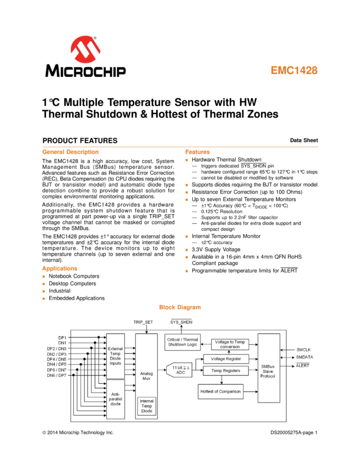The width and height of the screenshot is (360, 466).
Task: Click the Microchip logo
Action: pyautogui.click(x=85, y=56)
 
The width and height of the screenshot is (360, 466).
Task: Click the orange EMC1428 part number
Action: pyautogui.click(x=294, y=71)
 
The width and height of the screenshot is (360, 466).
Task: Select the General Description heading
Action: pyautogui.click(x=70, y=152)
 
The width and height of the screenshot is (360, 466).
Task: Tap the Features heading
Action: pyautogui.click(x=197, y=152)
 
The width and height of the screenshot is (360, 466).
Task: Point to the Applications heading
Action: pyautogui.click(x=60, y=269)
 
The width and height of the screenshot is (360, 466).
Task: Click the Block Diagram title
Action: pyautogui.click(x=180, y=307)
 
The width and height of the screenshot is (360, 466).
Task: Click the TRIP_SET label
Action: pyautogui.click(x=144, y=322)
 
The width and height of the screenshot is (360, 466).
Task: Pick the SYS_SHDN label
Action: pyautogui.click(x=181, y=322)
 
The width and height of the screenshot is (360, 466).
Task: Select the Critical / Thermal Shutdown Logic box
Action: pyautogui.click(x=182, y=342)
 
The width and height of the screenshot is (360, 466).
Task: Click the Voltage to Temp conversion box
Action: pyautogui.click(x=230, y=344)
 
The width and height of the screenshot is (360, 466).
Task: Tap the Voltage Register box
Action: pyautogui.click(x=226, y=359)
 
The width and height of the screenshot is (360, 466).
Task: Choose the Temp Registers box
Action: pyautogui.click(x=226, y=371)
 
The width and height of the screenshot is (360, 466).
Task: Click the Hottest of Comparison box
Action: pyautogui.click(x=220, y=391)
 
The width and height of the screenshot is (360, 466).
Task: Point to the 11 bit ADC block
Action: pyautogui.click(x=180, y=370)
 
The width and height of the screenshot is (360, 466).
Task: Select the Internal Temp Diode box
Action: pyautogui.click(x=147, y=406)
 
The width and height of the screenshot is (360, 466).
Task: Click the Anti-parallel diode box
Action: pyautogui.click(x=116, y=399)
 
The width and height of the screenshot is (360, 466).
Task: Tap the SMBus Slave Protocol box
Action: pyautogui.click(x=268, y=368)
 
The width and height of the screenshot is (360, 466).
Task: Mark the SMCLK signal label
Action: pyautogui.click(x=304, y=350)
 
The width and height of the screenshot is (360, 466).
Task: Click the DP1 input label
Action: pyautogui.click(x=62, y=338)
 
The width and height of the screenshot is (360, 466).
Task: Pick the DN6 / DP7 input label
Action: pyautogui.click(x=57, y=375)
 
